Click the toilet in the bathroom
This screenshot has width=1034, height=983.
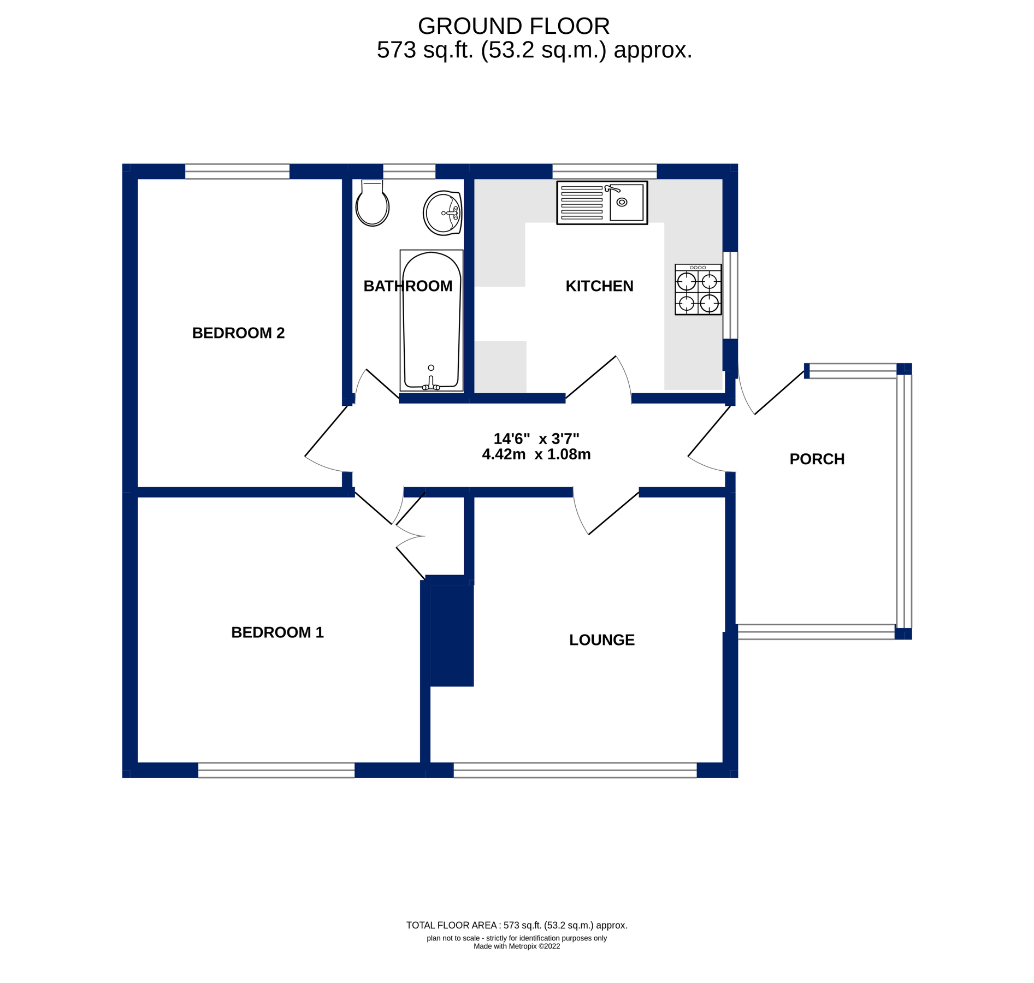point(372,204)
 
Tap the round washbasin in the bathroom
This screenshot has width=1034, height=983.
point(442,213)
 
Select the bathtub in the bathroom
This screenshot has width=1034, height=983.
point(431,321)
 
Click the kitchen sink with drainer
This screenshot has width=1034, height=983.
point(602,203)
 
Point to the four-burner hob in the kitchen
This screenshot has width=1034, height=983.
point(698,290)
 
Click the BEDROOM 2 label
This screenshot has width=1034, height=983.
point(238,333)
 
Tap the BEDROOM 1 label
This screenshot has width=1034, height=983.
point(277,632)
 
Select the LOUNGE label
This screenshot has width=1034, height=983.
point(601,640)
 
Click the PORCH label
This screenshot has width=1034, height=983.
point(817,459)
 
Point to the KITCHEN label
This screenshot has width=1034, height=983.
point(599,286)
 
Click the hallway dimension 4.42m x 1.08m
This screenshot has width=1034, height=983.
point(536,454)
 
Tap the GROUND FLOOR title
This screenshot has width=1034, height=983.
point(513,26)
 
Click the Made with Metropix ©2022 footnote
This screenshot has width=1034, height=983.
point(516,946)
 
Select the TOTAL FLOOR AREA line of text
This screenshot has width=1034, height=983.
point(516,925)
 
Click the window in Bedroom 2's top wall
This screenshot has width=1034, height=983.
point(237,171)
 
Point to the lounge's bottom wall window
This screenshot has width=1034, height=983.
point(575,770)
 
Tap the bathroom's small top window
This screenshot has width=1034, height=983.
point(409,171)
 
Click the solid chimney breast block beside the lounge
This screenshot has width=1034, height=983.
point(451,634)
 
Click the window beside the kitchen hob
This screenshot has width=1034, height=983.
point(730,295)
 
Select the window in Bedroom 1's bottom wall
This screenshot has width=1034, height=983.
point(276,770)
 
